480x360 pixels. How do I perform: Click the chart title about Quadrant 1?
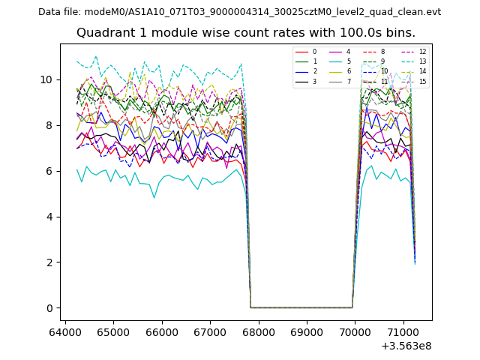245,33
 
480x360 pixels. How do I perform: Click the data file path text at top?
239,12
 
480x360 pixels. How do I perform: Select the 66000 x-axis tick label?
162,331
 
